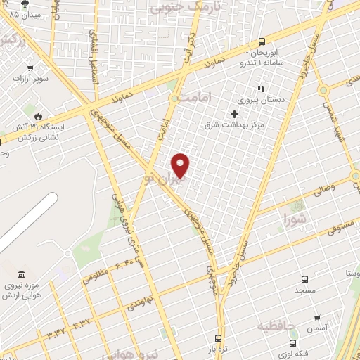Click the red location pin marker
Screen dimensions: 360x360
(x=181, y=165)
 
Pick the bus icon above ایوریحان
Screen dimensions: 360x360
(x=262, y=41)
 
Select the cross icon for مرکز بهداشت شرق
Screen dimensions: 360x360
(x=235, y=114)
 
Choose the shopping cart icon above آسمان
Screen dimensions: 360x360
(x=318, y=318)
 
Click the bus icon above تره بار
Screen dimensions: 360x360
(x=219, y=337)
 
